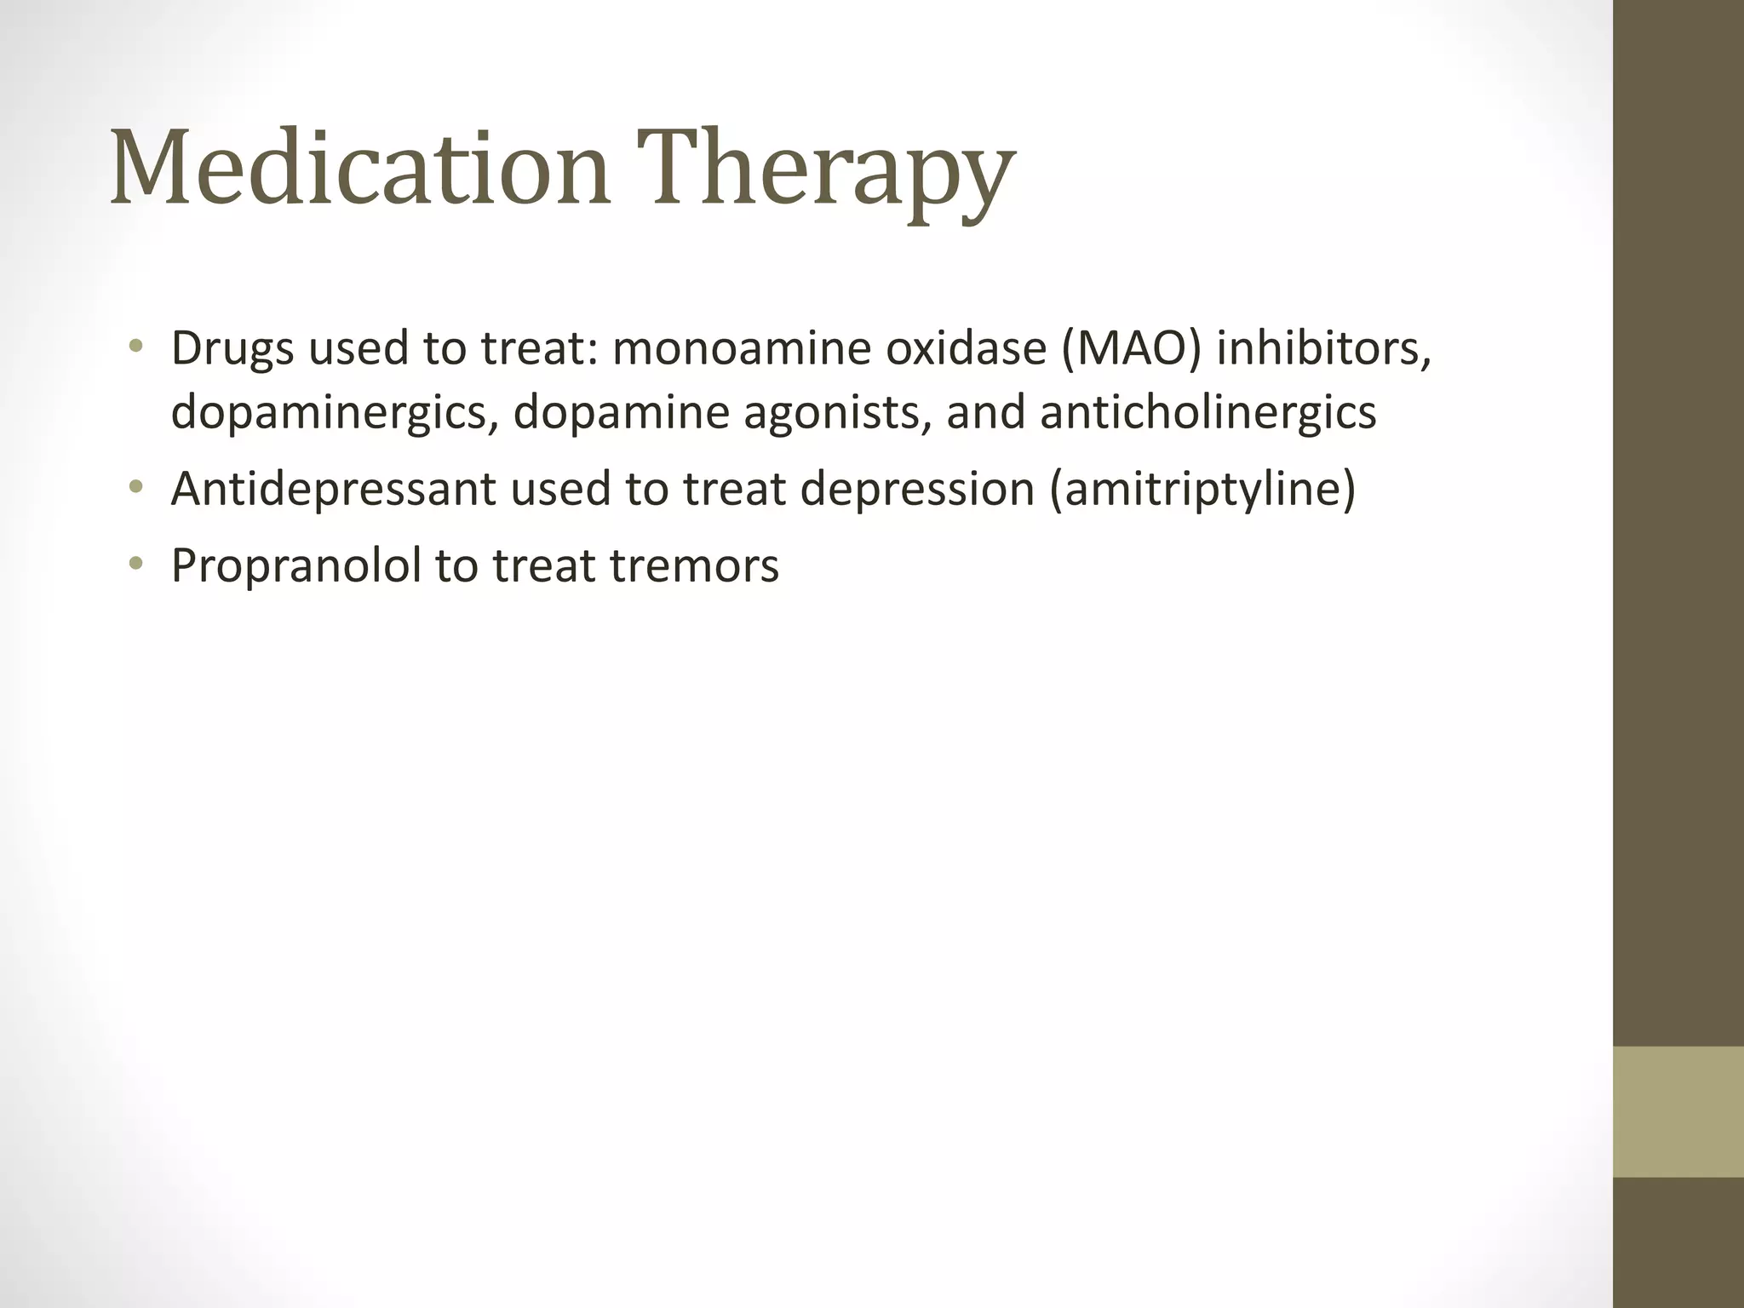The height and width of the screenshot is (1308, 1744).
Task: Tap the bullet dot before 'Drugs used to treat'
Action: pos(135,347)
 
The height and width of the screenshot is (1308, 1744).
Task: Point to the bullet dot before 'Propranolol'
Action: pos(135,564)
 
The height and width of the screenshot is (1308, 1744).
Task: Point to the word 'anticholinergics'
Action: pos(1208,413)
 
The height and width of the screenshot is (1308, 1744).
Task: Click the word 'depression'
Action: pos(917,490)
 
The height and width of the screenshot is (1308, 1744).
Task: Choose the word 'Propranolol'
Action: pos(296,565)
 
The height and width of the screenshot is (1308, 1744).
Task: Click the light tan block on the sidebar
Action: pos(1678,1111)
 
